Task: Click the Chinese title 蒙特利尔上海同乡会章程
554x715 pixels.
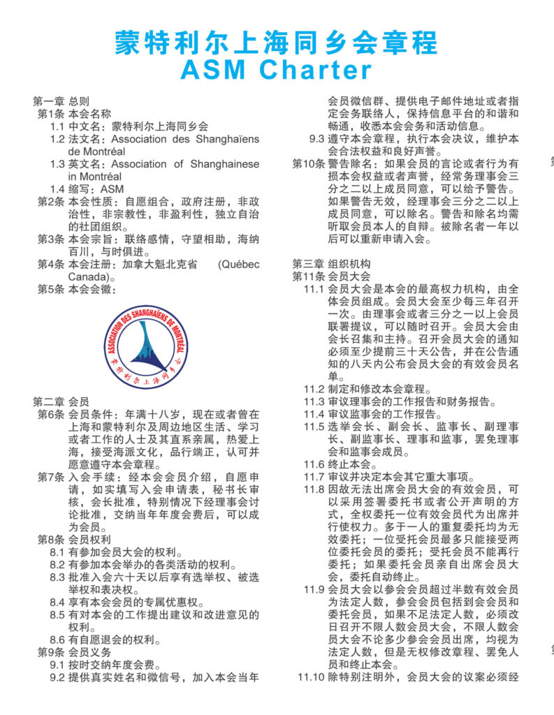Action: pos(276,43)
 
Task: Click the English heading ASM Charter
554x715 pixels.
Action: pos(276,70)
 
